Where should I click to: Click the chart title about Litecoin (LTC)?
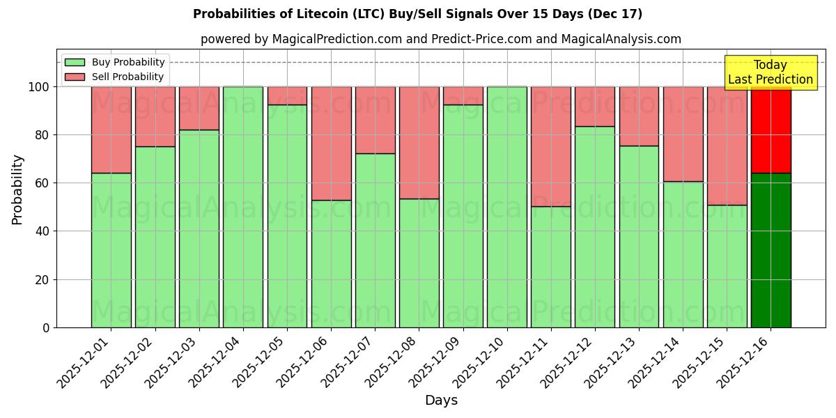click(417, 14)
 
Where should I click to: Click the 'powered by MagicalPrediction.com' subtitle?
click(440, 39)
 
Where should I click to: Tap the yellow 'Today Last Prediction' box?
click(770, 72)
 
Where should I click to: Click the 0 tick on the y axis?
click(46, 327)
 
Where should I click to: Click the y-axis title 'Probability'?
click(17, 189)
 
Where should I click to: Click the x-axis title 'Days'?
click(441, 401)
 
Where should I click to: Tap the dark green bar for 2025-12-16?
click(771, 250)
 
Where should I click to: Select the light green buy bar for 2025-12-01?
click(111, 250)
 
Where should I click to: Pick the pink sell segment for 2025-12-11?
click(551, 146)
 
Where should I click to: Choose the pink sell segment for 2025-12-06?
click(331, 144)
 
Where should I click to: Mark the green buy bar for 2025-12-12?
click(595, 226)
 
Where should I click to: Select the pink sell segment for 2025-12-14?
click(683, 134)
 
